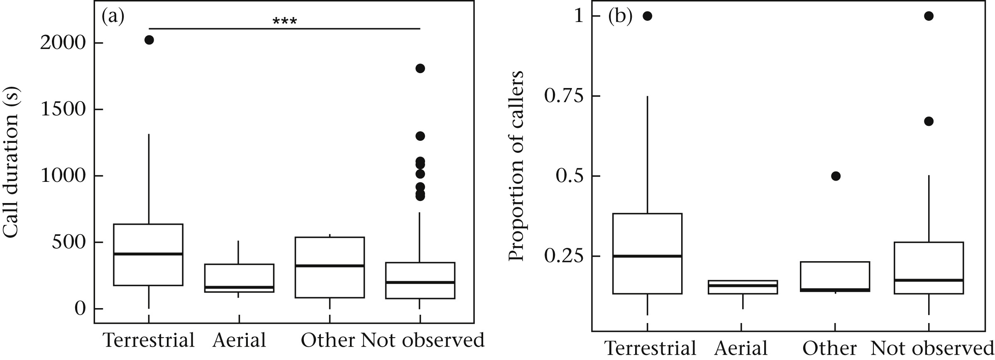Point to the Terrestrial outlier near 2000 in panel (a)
click(x=149, y=40)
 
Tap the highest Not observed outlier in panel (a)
click(x=420, y=69)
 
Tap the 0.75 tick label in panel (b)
click(x=562, y=96)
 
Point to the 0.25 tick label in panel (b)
click(x=562, y=256)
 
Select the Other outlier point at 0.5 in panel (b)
click(x=836, y=176)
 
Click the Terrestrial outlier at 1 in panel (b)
click(x=647, y=16)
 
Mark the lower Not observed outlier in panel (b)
click(x=929, y=121)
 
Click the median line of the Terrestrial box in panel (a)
click(x=149, y=254)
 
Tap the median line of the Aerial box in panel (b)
click(x=742, y=285)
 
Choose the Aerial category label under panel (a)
click(x=239, y=340)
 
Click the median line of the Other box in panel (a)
click(x=330, y=266)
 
